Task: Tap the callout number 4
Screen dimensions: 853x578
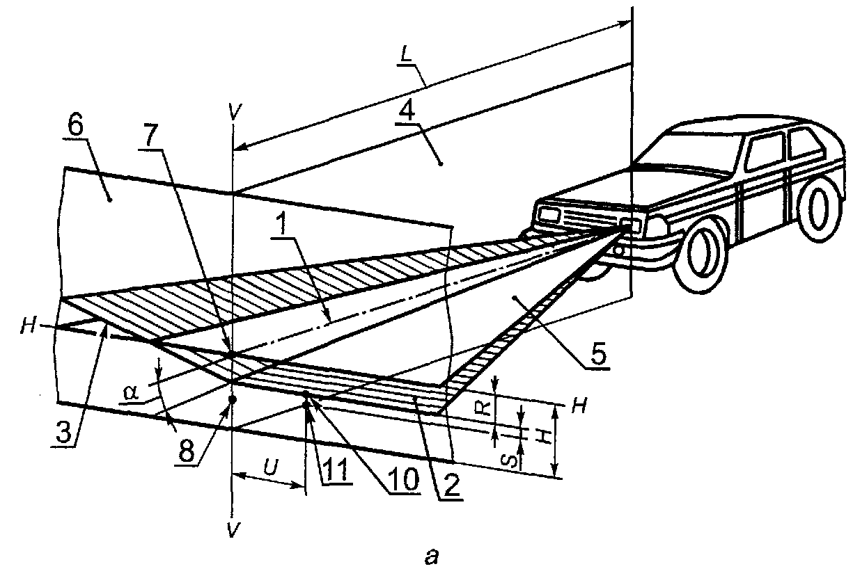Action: click(x=407, y=107)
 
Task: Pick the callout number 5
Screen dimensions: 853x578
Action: click(x=597, y=355)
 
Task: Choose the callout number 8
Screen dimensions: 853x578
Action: click(x=185, y=451)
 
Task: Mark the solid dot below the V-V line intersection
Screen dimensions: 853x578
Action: click(x=233, y=399)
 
